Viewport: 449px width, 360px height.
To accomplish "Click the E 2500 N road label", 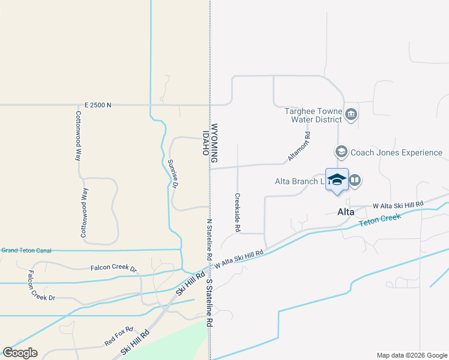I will click(98, 105).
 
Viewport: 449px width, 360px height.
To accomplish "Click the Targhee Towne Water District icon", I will click(351, 114).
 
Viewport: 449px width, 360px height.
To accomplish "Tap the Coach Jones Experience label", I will click(396, 152).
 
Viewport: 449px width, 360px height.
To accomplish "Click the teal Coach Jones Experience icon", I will click(341, 152).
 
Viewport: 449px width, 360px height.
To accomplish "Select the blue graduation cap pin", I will click(337, 180).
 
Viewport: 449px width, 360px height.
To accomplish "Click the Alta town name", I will click(346, 212).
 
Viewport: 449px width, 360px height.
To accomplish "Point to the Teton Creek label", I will click(379, 220).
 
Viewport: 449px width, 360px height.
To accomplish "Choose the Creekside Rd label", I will click(238, 212).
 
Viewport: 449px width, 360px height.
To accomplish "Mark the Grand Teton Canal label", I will click(26, 250).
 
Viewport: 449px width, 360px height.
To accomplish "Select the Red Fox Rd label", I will click(118, 337).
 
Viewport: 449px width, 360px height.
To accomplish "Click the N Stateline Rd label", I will click(209, 239).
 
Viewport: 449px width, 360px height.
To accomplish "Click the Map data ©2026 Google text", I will click(411, 355).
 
